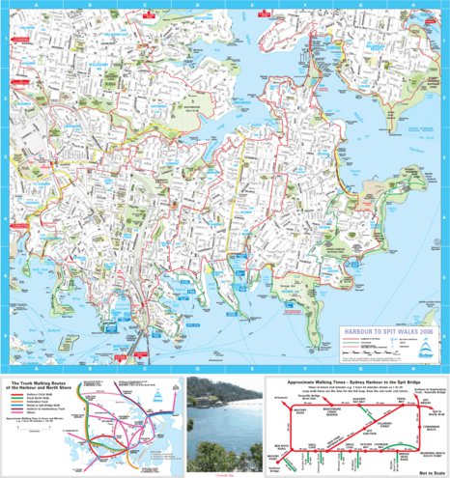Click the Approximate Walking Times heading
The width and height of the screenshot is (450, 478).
coord(348,381)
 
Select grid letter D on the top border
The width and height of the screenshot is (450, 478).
coord(196,4)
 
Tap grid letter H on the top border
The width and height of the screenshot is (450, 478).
coord(413,4)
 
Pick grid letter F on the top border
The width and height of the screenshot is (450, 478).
coord(304,4)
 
